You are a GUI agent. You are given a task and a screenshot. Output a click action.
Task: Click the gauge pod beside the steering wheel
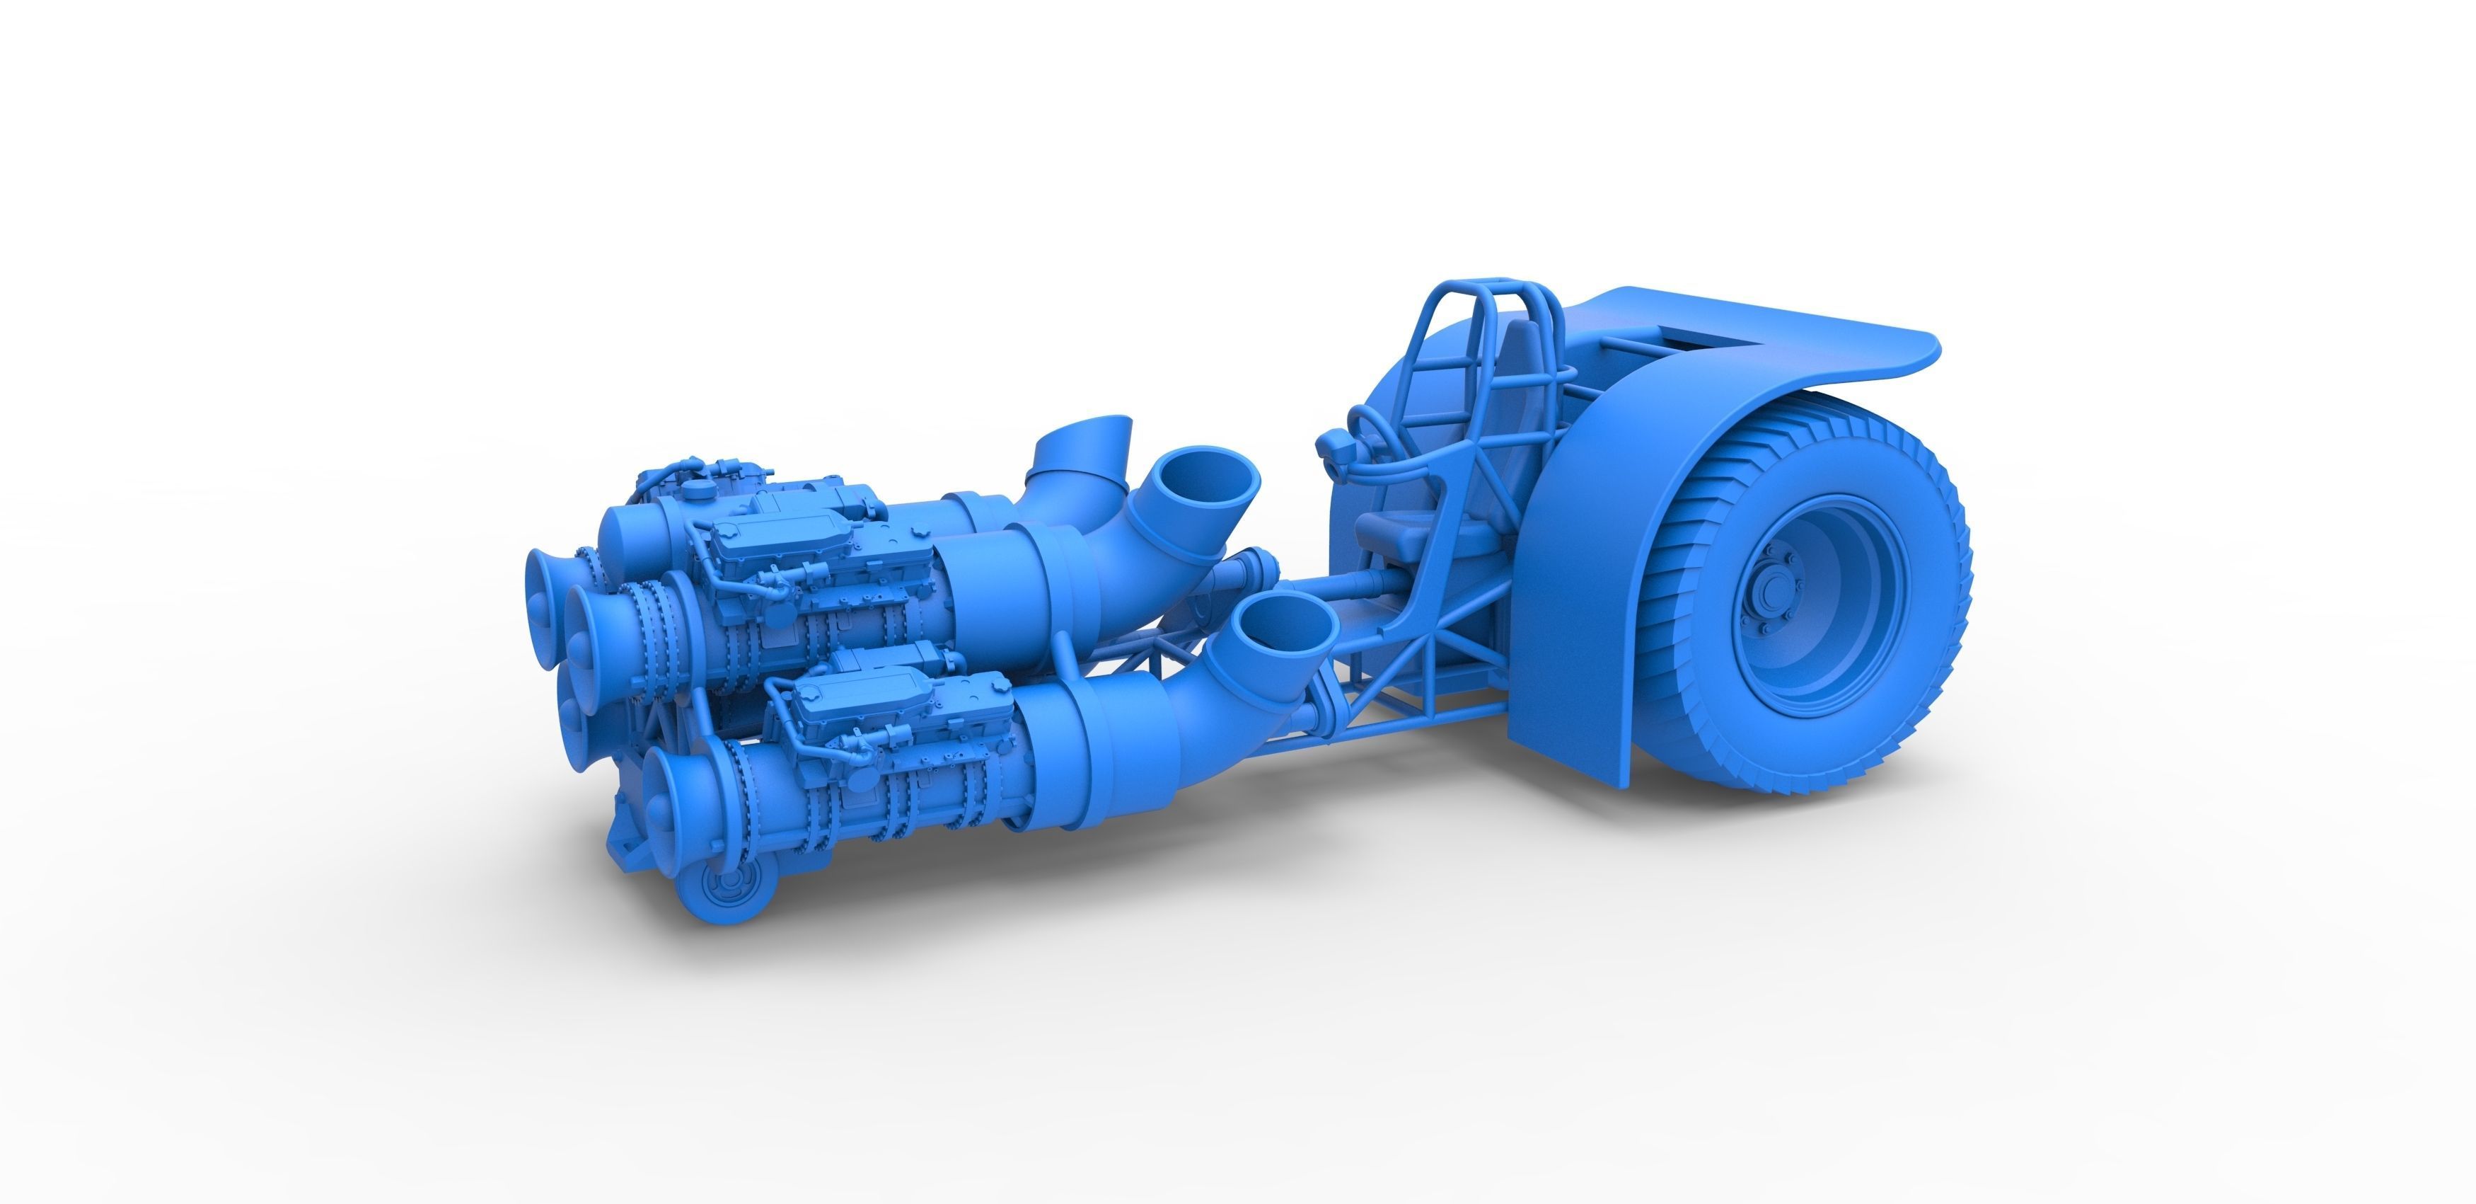(x=1332, y=445)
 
